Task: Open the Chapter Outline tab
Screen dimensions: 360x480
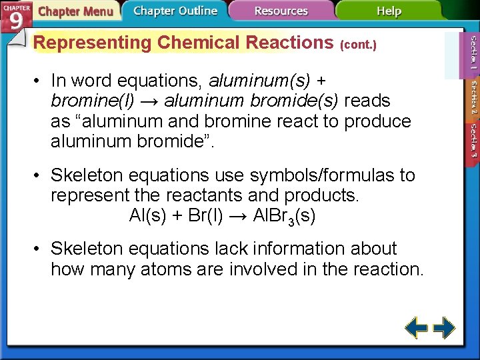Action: pyautogui.click(x=175, y=11)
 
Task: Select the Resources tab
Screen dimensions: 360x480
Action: pyautogui.click(x=281, y=11)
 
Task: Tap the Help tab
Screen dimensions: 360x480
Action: pyautogui.click(x=388, y=11)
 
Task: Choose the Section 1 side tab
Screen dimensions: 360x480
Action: pyautogui.click(x=472, y=53)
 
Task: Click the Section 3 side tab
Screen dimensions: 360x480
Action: pyautogui.click(x=472, y=140)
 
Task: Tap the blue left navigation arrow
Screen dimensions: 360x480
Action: pyautogui.click(x=417, y=328)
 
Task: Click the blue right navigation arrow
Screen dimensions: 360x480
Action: pyautogui.click(x=443, y=328)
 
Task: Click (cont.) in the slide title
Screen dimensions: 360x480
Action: pyautogui.click(x=359, y=45)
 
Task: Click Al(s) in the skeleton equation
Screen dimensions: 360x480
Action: pyautogui.click(x=148, y=216)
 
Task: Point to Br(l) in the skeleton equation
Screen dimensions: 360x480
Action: pyautogui.click(x=201, y=216)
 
